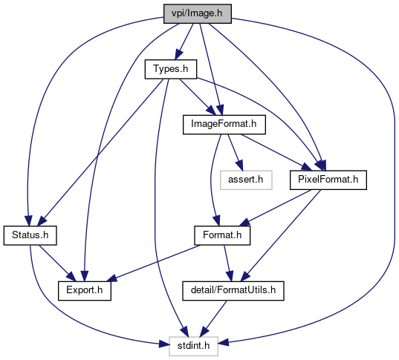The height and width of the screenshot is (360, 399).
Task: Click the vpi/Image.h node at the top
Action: [x=198, y=13]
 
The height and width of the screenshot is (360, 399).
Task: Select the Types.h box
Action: [x=171, y=69]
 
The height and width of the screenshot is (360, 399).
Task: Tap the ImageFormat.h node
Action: [x=224, y=125]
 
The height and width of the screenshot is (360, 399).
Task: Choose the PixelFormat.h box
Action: [x=328, y=180]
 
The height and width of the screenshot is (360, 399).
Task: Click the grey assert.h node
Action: [x=246, y=180]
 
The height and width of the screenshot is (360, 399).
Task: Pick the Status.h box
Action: [x=30, y=235]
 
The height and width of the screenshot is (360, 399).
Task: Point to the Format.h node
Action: [x=222, y=235]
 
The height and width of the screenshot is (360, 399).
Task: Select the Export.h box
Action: [x=85, y=290]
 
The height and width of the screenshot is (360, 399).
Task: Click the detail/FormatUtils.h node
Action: [x=233, y=290]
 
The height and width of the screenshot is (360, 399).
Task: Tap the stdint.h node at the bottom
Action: [x=193, y=346]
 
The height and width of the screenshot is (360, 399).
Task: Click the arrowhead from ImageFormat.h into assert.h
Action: [x=240, y=166]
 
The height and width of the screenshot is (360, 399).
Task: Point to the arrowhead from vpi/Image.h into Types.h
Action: [x=178, y=55]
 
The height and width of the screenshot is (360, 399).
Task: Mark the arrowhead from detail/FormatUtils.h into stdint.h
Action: [x=204, y=333]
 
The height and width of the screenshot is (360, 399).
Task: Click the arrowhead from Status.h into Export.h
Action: [x=71, y=277]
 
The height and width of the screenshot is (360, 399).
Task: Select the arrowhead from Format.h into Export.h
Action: [x=111, y=278]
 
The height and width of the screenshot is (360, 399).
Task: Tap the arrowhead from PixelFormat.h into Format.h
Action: [x=244, y=223]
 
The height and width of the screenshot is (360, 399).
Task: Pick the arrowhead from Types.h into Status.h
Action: [x=42, y=221]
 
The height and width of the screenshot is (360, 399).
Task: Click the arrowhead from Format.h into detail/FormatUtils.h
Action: [x=230, y=276]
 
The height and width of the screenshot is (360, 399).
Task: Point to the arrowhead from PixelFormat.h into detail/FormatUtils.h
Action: [x=246, y=277]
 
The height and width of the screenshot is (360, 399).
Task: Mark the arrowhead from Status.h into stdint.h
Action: [x=164, y=344]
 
